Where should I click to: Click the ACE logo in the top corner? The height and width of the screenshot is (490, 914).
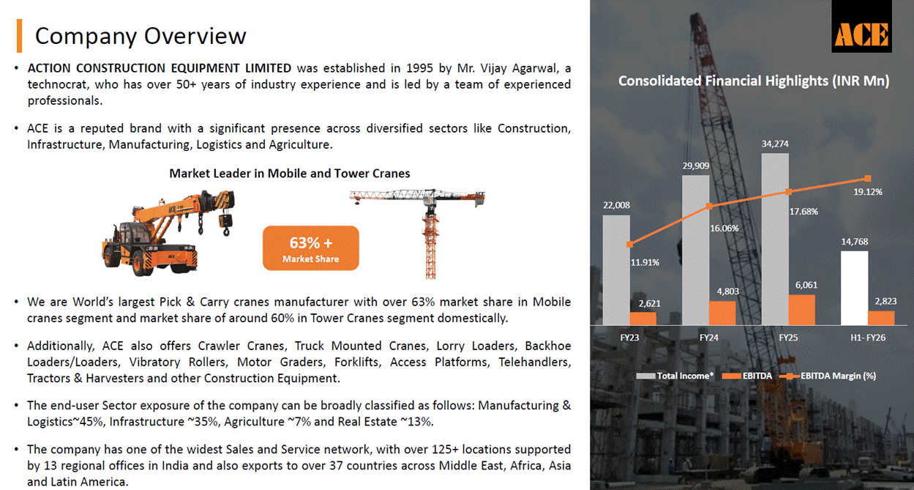pyautogui.click(x=861, y=33)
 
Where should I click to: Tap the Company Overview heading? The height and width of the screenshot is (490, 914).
pyautogui.click(x=141, y=35)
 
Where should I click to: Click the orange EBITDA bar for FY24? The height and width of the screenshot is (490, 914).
pyautogui.click(x=722, y=313)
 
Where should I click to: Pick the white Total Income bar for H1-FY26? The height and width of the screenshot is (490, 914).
pyautogui.click(x=855, y=288)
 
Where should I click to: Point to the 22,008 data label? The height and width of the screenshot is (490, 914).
pyautogui.click(x=616, y=206)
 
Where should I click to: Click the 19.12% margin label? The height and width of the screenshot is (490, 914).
pyautogui.click(x=868, y=192)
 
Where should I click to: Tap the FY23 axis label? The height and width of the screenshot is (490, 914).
pyautogui.click(x=628, y=338)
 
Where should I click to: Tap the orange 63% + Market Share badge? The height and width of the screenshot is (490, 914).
pyautogui.click(x=311, y=248)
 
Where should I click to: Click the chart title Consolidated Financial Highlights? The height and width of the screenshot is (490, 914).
pyautogui.click(x=753, y=81)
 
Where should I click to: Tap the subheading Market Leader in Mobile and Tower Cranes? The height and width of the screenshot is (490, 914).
pyautogui.click(x=290, y=174)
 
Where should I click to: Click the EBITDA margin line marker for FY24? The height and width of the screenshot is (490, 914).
pyautogui.click(x=708, y=207)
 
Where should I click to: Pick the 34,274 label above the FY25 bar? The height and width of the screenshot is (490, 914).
pyautogui.click(x=775, y=144)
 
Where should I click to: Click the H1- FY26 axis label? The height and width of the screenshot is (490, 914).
pyautogui.click(x=869, y=338)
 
